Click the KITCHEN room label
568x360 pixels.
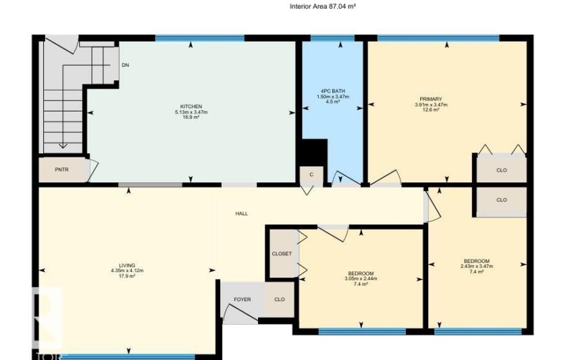[191, 107]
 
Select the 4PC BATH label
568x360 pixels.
[333, 91]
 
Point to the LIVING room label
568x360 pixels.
[127, 265]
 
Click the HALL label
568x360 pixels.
[242, 213]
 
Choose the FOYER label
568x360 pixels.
[242, 299]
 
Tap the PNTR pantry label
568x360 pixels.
[61, 170]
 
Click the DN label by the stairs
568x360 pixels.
[126, 66]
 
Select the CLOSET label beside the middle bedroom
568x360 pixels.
[282, 254]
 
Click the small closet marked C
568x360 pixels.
[311, 174]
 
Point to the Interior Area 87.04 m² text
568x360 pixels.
[322, 6]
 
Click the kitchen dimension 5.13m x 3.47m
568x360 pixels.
[191, 112]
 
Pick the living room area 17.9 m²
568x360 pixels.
[127, 276]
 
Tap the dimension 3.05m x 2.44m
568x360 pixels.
[361, 279]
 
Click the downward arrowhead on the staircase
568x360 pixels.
[63, 146]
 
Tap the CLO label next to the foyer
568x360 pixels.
[280, 299]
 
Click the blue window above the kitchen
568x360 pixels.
[200, 38]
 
